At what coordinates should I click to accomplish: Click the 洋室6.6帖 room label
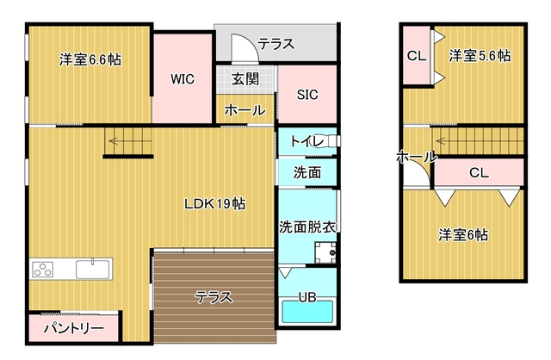[90, 60]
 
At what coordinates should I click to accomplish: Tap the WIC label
[182, 79]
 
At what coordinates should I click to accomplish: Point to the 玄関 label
[245, 79]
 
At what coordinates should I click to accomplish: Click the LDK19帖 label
[215, 204]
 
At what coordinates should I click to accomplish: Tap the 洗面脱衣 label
[306, 227]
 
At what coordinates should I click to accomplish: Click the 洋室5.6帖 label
[480, 56]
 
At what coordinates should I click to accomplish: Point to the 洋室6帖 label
[462, 234]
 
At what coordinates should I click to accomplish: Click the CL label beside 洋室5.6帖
[417, 57]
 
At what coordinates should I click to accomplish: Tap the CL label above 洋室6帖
[479, 171]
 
